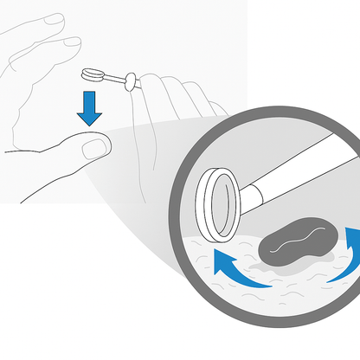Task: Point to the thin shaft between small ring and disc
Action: click(x=111, y=78)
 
